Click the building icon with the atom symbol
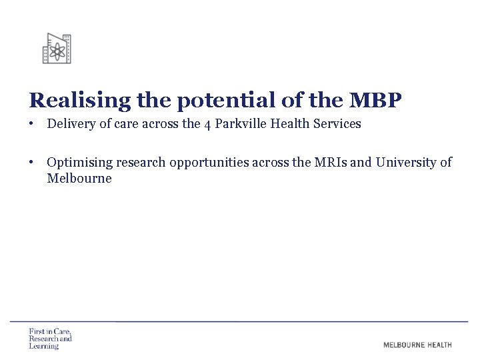[x=57, y=49]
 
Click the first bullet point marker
[x=31, y=124]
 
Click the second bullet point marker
[x=31, y=162]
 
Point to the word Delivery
[x=70, y=124]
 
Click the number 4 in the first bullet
[x=207, y=125]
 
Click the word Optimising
[x=78, y=162]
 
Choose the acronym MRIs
[x=327, y=162]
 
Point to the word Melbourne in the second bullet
[x=79, y=179]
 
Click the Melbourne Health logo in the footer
[x=417, y=345]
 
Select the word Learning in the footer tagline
[x=44, y=346]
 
